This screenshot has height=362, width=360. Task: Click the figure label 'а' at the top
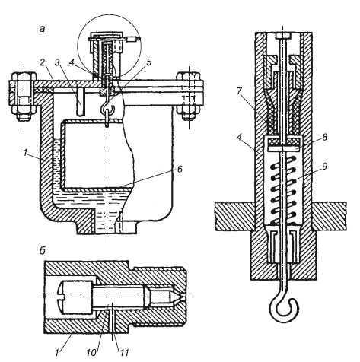click(x=42, y=29)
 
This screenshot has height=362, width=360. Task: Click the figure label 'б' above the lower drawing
click(x=42, y=250)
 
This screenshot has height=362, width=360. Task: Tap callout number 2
click(x=43, y=62)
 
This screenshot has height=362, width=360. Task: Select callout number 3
click(x=57, y=62)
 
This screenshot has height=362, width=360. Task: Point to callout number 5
click(x=149, y=62)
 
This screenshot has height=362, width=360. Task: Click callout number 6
click(x=180, y=169)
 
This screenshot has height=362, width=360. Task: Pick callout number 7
click(x=240, y=91)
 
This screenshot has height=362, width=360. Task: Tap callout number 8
click(x=325, y=137)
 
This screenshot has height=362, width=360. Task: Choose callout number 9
click(x=325, y=166)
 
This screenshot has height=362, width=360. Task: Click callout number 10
click(x=92, y=353)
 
